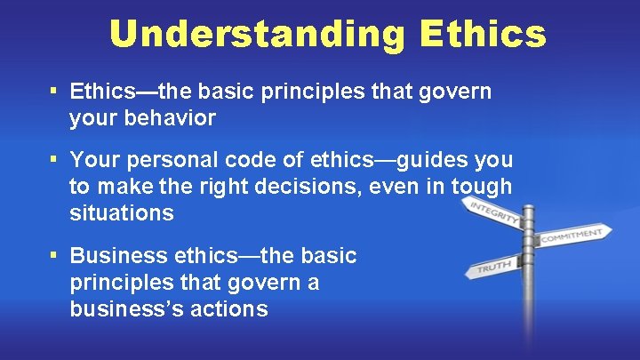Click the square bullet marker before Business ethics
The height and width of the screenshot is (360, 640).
(55, 256)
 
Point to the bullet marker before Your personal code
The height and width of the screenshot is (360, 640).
(55, 160)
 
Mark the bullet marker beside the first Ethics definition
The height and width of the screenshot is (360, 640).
(55, 92)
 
